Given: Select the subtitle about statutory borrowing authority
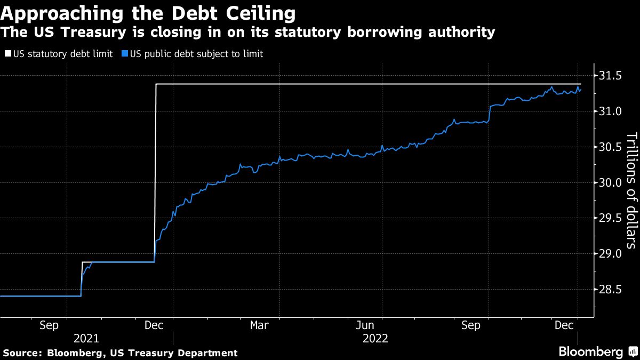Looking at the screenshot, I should coord(247,33).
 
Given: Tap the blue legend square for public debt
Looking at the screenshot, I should coord(124,54).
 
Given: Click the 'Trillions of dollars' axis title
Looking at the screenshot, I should coord(631,190).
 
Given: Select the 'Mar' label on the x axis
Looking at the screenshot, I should coord(260,325).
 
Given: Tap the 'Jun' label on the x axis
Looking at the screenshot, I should coord(365,325).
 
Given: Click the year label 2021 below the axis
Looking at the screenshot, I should coord(86,338).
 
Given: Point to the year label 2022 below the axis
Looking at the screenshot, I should coord(375,338).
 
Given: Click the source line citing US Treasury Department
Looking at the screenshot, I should coord(120,353).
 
